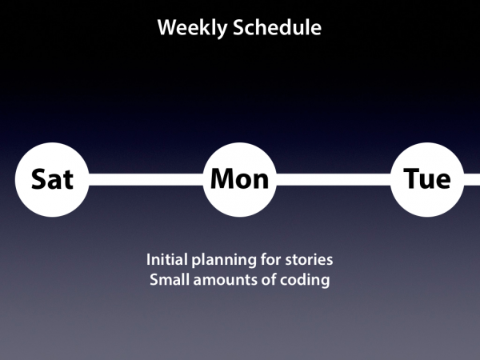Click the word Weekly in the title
click(x=192, y=28)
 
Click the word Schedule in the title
click(x=278, y=27)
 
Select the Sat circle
click(x=52, y=180)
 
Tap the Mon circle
click(x=240, y=180)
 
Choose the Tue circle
click(x=427, y=180)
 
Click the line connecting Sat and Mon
click(x=146, y=179)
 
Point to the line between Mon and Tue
click(x=334, y=179)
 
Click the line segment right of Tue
click(x=472, y=179)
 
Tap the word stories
click(x=309, y=260)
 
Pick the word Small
click(x=170, y=279)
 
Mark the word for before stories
click(x=270, y=259)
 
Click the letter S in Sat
click(x=39, y=179)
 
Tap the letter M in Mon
click(x=224, y=178)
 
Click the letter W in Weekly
click(x=168, y=27)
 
